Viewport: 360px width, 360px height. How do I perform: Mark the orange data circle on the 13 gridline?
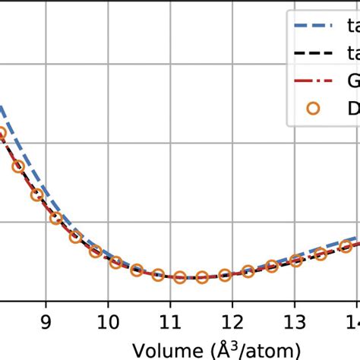(x=295, y=261)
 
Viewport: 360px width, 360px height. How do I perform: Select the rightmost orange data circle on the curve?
(x=346, y=246)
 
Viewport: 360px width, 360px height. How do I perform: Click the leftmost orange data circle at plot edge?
(x=2, y=134)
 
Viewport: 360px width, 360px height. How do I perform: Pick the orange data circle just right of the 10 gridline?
(x=115, y=263)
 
